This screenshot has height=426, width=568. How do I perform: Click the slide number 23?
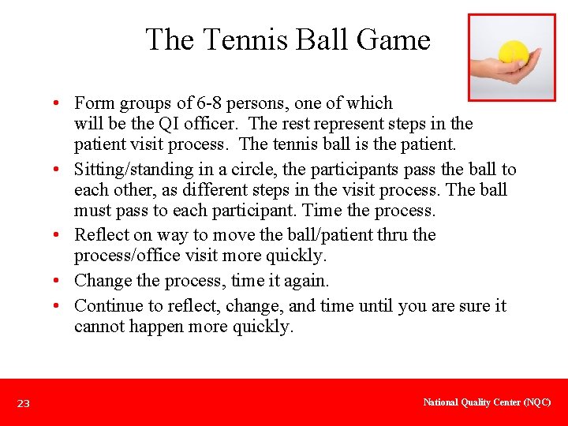click(24, 404)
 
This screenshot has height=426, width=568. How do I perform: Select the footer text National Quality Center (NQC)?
click(487, 402)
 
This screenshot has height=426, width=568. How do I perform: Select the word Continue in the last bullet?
click(107, 306)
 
